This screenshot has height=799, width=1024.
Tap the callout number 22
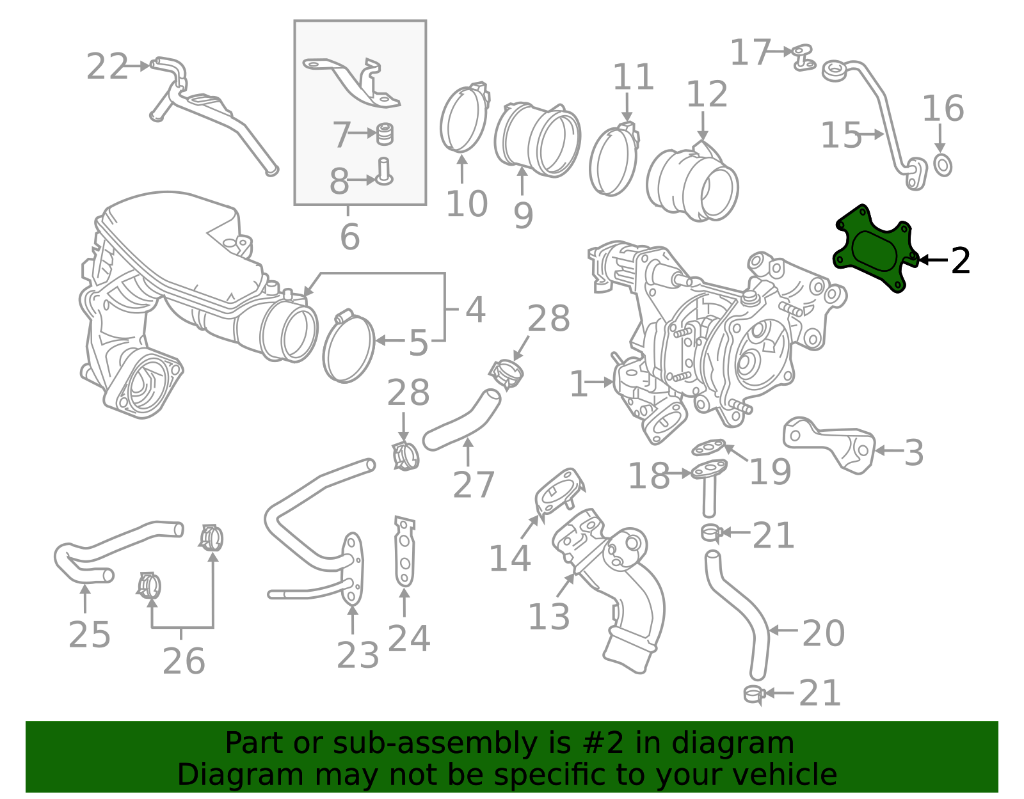[107, 67]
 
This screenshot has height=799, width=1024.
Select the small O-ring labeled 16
[943, 165]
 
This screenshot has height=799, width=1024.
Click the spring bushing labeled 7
[384, 134]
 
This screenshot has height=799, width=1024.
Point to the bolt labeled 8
[384, 171]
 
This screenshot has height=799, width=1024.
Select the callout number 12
[707, 95]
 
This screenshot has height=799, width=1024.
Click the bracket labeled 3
[832, 445]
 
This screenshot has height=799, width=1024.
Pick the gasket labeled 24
[404, 552]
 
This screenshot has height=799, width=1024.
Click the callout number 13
[548, 617]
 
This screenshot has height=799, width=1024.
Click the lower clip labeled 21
[754, 693]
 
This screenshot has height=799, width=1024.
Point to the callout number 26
[183, 661]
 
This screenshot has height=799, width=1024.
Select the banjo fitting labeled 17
[802, 56]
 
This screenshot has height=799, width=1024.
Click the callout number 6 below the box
[349, 237]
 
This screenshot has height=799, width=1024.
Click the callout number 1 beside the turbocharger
[578, 384]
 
